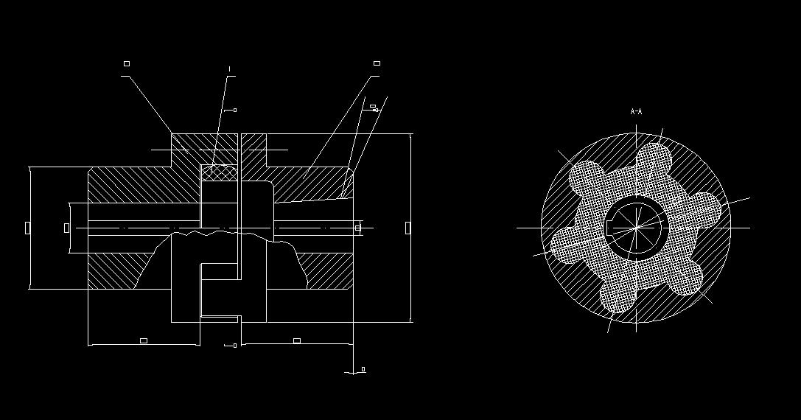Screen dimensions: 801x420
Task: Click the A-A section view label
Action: pos(637,112)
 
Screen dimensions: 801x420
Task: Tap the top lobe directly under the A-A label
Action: pos(654,158)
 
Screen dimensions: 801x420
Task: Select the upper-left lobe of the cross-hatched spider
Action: pos(586,176)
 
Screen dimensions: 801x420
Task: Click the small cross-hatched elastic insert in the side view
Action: pos(220,172)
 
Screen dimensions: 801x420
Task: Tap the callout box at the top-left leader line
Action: pos(127,64)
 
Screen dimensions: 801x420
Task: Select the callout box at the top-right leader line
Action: pos(377,64)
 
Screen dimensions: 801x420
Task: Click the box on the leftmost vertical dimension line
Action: pos(27,228)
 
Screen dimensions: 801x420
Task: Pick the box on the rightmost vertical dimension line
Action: pos(408,228)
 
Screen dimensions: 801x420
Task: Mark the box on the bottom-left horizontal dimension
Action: pos(144,340)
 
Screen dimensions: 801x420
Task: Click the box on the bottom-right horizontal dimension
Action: pos(297,340)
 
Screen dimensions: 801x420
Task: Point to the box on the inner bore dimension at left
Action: pos(67,228)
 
